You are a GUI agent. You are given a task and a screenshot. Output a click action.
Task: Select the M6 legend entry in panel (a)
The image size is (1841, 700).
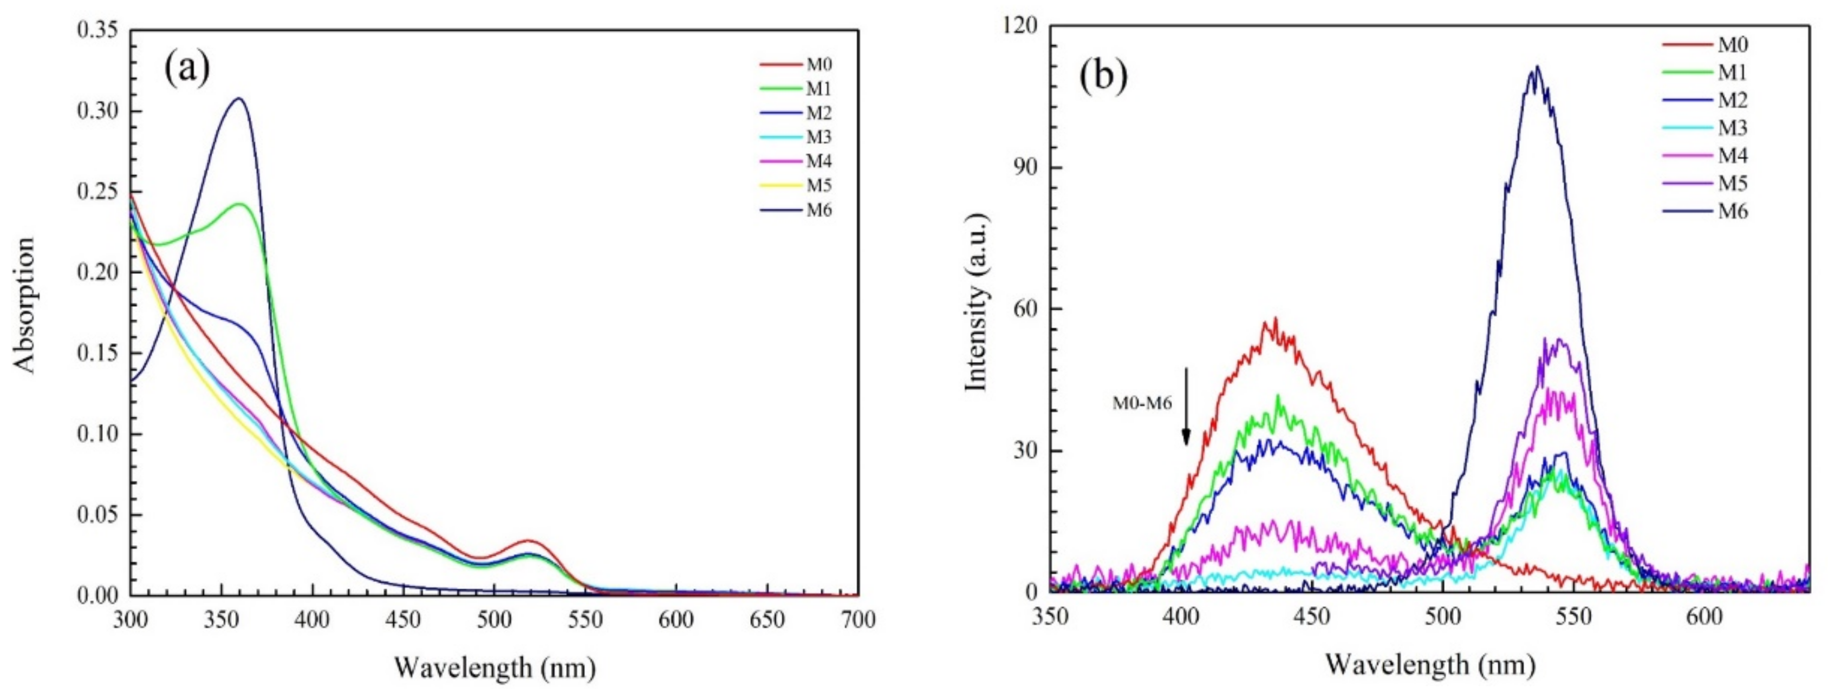[x=819, y=210]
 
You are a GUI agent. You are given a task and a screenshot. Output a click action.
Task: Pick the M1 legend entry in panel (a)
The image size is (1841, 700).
[x=819, y=89]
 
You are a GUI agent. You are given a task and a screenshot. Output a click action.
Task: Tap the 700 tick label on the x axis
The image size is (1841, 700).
[x=857, y=620]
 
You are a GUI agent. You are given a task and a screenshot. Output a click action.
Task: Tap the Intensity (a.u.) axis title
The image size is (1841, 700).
[x=976, y=302]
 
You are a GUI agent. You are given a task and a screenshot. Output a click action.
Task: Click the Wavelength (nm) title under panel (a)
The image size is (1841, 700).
[x=495, y=668]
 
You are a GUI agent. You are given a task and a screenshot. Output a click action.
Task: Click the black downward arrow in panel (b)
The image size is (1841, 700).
[x=1186, y=407]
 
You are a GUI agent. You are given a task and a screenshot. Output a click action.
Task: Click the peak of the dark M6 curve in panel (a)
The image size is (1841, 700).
[x=239, y=99]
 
